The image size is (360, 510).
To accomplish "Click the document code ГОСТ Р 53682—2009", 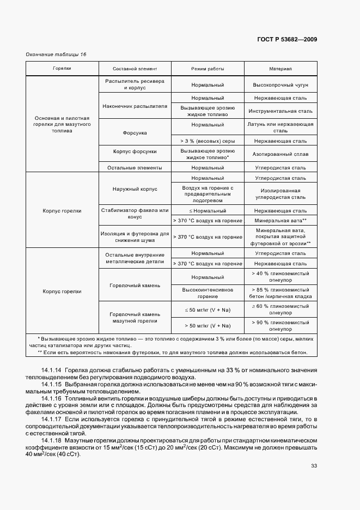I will pos(286,39).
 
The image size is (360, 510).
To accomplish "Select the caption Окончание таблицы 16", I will pos(56,54).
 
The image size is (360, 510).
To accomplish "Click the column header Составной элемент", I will pos(135,69).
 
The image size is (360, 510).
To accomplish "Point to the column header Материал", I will pos(280,69).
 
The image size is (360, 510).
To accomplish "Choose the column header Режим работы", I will pos(208,69).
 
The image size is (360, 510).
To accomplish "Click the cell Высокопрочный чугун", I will pos(280,86).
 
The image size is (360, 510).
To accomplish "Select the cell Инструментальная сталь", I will pos(280,111).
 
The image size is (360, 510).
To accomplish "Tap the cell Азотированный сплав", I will pos(280,155).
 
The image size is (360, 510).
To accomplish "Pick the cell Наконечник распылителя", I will pos(135,106).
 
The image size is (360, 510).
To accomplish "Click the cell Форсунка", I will pos(135,133).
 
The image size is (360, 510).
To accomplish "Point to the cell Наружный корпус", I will pos(135,189).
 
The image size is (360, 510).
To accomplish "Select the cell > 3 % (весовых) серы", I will pos(208,141).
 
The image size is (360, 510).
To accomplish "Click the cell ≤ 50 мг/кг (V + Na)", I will pos(208,310).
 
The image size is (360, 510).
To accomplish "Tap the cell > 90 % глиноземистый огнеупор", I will pos(280,326).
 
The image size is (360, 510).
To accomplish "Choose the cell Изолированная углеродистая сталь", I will pos(280,193).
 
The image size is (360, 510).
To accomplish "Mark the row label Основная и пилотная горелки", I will pos(62,125).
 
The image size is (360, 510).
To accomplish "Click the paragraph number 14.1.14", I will pos(51,370).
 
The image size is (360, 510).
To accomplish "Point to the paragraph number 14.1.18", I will pos(51,440).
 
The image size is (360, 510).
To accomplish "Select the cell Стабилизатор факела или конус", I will pos(135,214).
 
